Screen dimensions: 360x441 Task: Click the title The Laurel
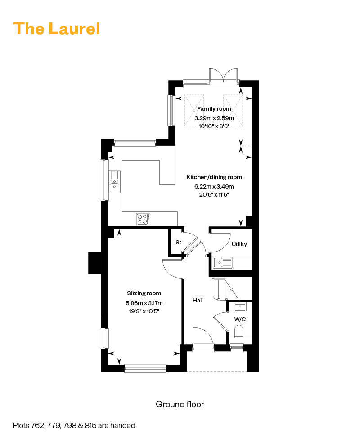tap(57, 28)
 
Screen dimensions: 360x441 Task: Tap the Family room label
tap(214, 109)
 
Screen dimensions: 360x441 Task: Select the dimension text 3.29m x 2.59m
tap(214, 118)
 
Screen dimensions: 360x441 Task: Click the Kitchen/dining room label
tap(214, 177)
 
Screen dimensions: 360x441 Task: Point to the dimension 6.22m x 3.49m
tap(214, 186)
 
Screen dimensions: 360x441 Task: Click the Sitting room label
tap(144, 293)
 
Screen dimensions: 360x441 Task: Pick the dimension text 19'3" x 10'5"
tap(144, 311)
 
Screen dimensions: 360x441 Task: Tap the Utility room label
tap(239, 244)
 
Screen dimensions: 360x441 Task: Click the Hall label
tap(198, 301)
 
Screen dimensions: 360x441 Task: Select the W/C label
tap(240, 319)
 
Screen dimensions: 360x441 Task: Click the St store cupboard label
tap(178, 242)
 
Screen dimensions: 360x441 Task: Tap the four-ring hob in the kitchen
tap(143, 219)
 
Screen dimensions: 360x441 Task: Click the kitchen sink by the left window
tap(114, 182)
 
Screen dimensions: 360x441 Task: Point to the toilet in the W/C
tap(238, 331)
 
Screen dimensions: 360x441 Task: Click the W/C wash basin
tap(240, 307)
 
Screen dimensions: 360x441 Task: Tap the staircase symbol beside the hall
tap(225, 289)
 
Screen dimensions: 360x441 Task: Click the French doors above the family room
tap(224, 76)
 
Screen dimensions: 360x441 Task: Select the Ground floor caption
tap(180, 404)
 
